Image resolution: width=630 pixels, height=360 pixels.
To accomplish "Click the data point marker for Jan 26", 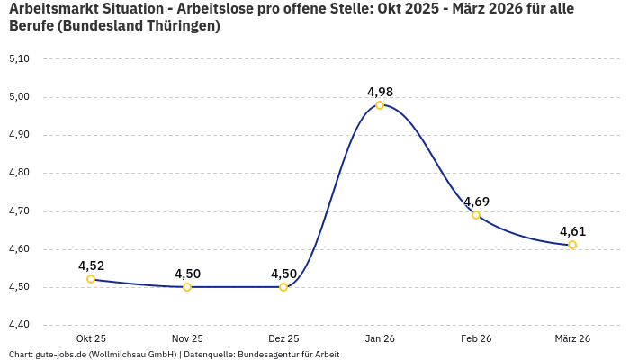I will tap(380, 105).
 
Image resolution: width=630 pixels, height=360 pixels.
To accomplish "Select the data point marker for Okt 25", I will tap(91, 279).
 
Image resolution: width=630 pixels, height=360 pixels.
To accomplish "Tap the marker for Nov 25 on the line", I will tap(187, 287).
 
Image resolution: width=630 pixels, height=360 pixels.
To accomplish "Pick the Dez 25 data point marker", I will tap(283, 287).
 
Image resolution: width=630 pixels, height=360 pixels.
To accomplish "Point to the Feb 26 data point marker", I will tap(476, 215).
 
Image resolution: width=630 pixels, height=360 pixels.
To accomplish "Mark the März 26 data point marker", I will tap(572, 245).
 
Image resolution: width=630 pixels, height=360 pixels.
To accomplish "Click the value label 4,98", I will tap(380, 92).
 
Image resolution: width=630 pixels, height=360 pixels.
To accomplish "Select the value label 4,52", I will tap(91, 265).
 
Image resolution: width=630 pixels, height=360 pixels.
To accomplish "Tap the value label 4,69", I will tap(476, 202).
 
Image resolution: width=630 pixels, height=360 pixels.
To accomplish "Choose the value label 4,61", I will tap(572, 231).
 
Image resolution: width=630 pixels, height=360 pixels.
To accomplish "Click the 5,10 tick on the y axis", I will tap(19, 58).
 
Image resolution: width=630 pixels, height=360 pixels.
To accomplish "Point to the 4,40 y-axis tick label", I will tap(19, 325).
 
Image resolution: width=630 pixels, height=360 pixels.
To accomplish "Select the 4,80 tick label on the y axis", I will tap(19, 173).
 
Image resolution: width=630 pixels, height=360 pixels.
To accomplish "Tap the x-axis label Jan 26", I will tap(380, 338).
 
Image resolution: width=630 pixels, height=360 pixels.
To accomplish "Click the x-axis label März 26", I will tap(572, 338).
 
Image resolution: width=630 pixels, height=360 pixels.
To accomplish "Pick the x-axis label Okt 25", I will tap(91, 338).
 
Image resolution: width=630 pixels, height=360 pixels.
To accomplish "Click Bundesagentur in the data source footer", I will tap(270, 355).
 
